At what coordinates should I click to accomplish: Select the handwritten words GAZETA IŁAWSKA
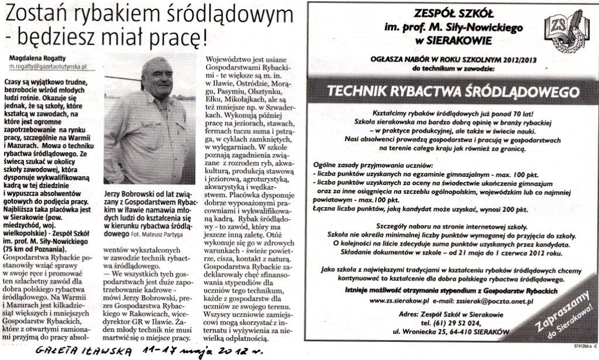coord(88,351)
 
